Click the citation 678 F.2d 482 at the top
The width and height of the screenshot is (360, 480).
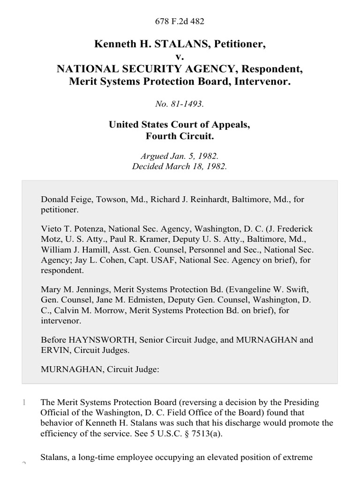click(x=180, y=21)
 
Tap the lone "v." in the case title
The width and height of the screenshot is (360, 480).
click(x=180, y=57)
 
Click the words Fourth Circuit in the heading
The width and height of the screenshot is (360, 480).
click(x=180, y=136)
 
